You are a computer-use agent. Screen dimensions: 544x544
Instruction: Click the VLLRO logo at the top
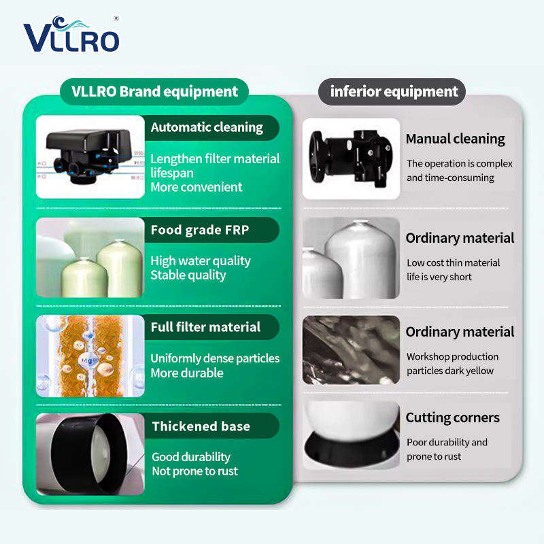(x=71, y=35)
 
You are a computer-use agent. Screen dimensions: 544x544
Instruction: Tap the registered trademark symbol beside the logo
(x=116, y=18)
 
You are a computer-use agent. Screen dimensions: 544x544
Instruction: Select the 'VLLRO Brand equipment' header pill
(x=154, y=92)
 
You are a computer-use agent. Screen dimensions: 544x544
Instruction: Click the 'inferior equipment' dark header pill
(x=392, y=92)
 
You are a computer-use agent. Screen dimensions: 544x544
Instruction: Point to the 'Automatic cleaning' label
(x=207, y=127)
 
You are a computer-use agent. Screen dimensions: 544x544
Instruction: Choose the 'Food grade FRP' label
(x=200, y=230)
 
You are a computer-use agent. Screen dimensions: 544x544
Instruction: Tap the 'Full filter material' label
(x=205, y=327)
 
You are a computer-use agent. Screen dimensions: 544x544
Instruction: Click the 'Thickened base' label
(x=201, y=426)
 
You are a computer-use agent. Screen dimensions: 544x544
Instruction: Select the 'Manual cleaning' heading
(x=455, y=139)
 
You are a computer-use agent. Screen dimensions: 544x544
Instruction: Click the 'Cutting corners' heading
(x=452, y=418)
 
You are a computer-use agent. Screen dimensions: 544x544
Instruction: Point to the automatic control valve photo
(x=90, y=157)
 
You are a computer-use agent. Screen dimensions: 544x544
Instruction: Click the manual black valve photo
(x=351, y=159)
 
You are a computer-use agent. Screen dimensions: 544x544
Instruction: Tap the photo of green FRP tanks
(x=90, y=258)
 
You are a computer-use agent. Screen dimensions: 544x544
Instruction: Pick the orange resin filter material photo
(x=90, y=356)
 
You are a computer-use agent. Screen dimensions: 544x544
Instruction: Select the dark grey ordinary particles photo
(x=351, y=350)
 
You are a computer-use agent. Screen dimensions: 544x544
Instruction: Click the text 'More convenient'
(x=197, y=188)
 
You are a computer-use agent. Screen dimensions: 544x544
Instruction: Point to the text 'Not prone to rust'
(x=194, y=471)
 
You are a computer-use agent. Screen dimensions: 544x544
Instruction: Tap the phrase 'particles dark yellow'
(x=450, y=371)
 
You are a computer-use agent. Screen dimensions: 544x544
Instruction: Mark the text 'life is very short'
(x=439, y=277)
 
